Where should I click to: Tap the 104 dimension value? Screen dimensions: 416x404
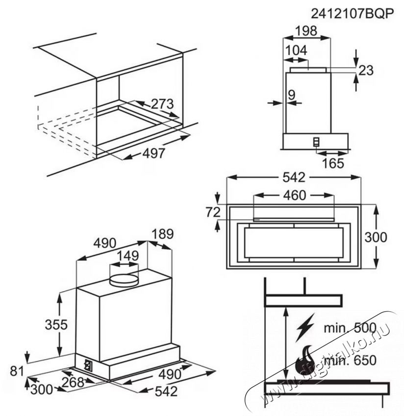(x=296, y=50)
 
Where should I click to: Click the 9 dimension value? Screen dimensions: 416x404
(x=292, y=95)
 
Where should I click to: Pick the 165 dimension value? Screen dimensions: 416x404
(x=333, y=163)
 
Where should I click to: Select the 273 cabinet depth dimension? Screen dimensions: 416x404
(x=162, y=104)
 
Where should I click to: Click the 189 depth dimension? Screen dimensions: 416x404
(x=162, y=234)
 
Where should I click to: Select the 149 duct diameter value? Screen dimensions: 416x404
(x=127, y=255)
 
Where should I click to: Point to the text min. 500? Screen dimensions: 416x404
(x=350, y=327)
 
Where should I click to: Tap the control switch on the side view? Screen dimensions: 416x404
(x=317, y=142)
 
